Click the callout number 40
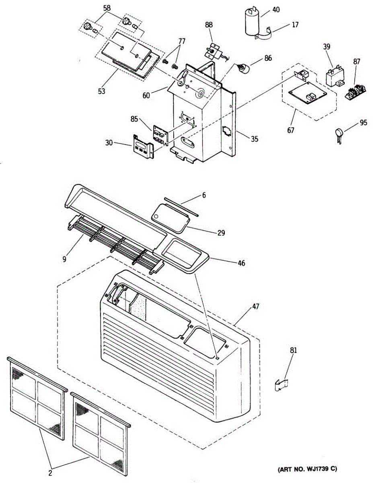pos(276,9)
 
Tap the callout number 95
pos(364,123)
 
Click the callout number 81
pos(294,351)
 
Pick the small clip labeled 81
pos(282,385)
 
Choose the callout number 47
pos(256,307)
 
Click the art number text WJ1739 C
pos(307,469)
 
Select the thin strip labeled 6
pos(181,206)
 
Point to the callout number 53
pos(101,91)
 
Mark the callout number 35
pos(254,139)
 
